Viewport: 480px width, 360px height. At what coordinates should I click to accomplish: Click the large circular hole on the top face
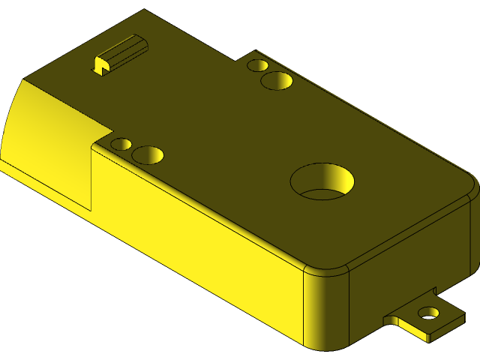pyautogui.click(x=322, y=181)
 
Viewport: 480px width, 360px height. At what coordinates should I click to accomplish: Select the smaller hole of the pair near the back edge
pyautogui.click(x=257, y=66)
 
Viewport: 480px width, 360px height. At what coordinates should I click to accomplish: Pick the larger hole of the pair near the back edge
pyautogui.click(x=276, y=80)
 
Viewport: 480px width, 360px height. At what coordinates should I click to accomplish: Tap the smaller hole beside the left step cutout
pyautogui.click(x=121, y=143)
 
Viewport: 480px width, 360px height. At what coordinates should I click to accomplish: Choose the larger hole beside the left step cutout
pyautogui.click(x=148, y=154)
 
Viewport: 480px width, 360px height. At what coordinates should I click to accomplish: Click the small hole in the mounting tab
pyautogui.click(x=428, y=312)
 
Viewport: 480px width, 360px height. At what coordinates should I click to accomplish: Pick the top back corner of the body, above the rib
pyautogui.click(x=144, y=10)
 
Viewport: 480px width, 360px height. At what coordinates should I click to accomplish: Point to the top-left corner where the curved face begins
pyautogui.click(x=24, y=79)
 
